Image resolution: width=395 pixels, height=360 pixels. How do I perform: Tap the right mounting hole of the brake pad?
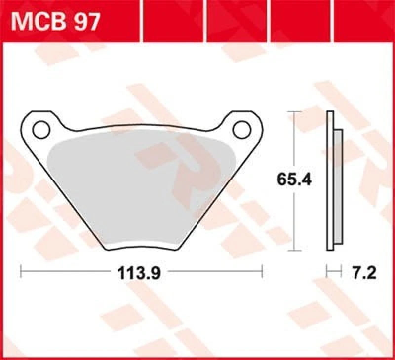(242, 130)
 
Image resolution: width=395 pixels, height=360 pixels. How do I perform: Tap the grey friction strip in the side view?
(338, 187)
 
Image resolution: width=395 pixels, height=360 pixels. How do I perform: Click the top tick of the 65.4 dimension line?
(294, 113)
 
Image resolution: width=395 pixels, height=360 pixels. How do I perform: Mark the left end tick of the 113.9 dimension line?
(20, 270)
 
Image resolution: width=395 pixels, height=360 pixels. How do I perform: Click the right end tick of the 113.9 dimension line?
(262, 270)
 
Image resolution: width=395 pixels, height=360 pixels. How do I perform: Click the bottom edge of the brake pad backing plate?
(143, 246)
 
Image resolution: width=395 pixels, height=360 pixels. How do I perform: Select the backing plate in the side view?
(329, 182)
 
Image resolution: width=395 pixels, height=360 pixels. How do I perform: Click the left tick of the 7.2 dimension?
(327, 270)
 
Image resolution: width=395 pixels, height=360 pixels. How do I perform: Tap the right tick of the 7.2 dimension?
(342, 270)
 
